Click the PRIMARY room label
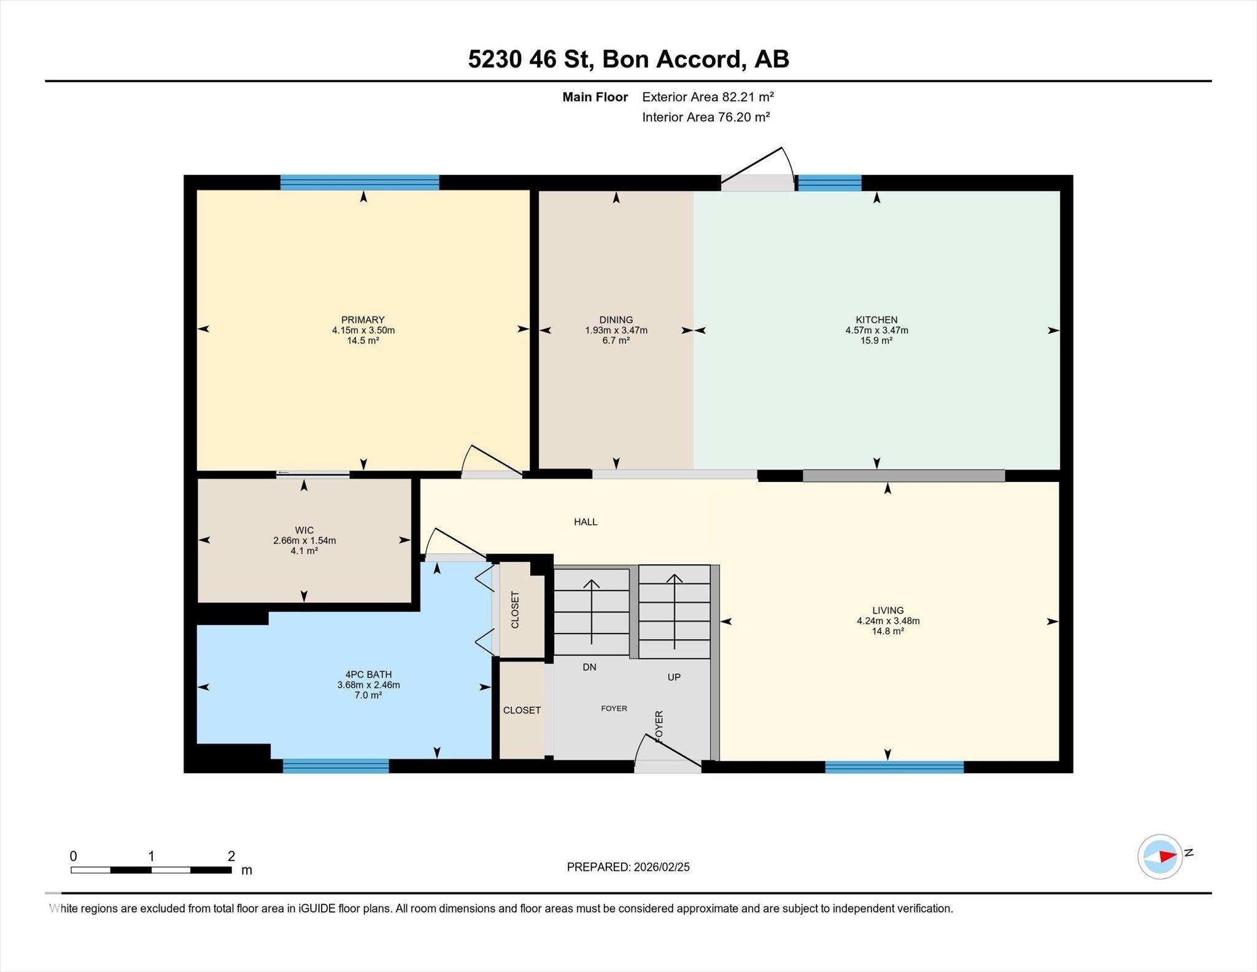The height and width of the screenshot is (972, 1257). (363, 320)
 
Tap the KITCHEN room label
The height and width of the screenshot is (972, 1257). (876, 320)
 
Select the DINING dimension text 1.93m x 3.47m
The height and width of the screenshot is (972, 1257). (616, 330)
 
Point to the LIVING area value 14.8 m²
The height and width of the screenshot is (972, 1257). (888, 631)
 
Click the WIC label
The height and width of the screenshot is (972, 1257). (304, 531)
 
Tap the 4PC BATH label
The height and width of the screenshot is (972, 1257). (368, 675)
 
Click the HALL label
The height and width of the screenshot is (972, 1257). (586, 522)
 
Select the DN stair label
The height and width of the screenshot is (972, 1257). (589, 667)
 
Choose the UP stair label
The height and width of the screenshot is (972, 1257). (674, 677)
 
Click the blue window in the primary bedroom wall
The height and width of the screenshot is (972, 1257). (360, 182)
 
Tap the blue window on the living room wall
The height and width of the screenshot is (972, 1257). (894, 767)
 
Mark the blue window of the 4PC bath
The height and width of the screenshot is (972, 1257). (336, 766)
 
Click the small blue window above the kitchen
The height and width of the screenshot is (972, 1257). (830, 183)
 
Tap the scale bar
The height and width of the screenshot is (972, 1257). (151, 869)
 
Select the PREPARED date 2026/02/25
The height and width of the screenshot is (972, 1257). (662, 867)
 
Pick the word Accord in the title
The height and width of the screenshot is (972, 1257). (701, 60)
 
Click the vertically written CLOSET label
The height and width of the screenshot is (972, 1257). (515, 610)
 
